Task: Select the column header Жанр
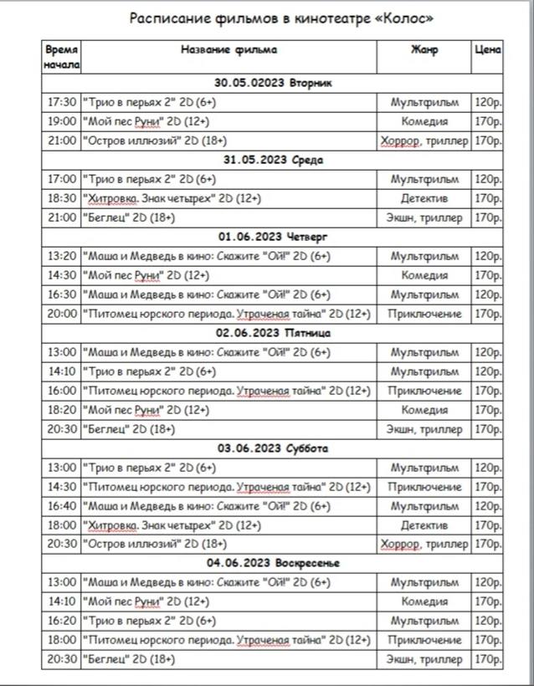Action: point(424,49)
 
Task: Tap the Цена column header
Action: point(488,49)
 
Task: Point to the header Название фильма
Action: point(228,49)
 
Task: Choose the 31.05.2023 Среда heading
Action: point(273,160)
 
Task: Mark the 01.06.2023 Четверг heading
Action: point(273,236)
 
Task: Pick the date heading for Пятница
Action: point(273,332)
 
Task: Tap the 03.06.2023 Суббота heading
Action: point(273,448)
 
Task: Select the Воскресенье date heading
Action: point(273,563)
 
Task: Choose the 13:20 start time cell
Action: point(62,256)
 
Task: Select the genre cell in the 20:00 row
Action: point(424,314)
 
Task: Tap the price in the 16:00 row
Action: point(488,391)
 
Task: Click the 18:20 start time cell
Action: point(62,410)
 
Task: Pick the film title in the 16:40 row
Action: point(206,506)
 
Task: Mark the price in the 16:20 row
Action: point(488,621)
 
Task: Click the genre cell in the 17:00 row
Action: point(424,179)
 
